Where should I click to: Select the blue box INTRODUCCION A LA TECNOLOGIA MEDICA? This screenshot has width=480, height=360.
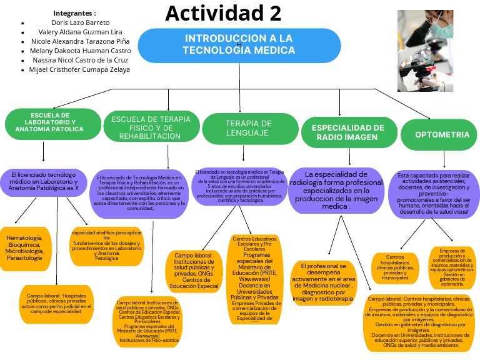click(x=239, y=44)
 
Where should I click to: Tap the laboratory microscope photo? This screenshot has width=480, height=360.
click(x=421, y=51)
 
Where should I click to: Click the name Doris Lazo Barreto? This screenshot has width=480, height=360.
click(x=80, y=22)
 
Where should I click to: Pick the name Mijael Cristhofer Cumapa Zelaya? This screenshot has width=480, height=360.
click(x=79, y=69)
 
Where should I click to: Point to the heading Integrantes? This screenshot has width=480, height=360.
click(x=74, y=12)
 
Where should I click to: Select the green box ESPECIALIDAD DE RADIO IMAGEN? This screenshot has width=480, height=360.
click(x=347, y=132)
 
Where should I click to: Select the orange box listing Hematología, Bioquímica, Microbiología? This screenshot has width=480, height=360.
click(x=24, y=248)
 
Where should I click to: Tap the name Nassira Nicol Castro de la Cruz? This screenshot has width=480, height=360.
click(x=80, y=60)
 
